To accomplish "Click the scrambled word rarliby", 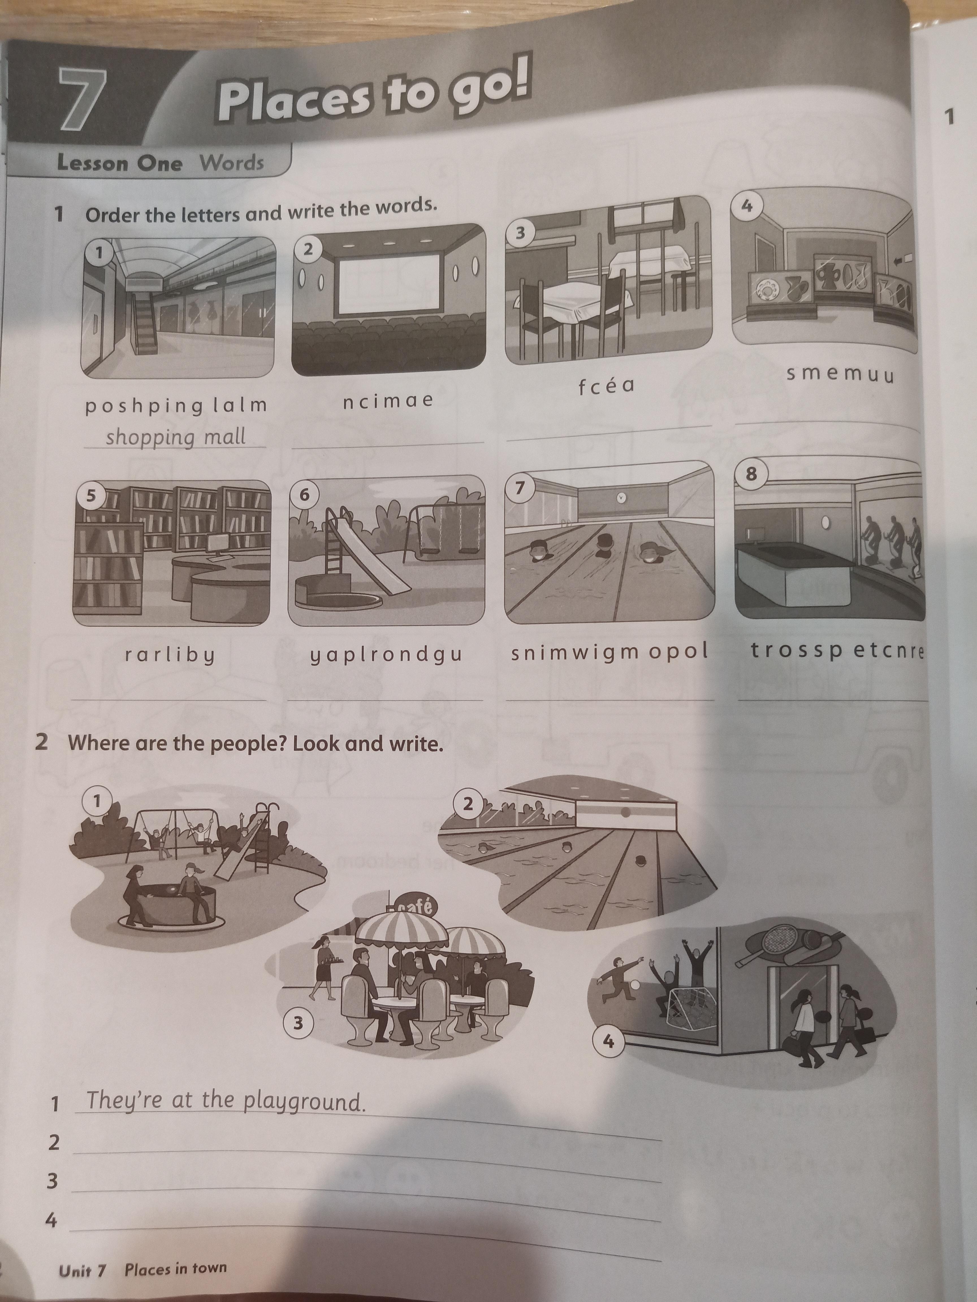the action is (x=170, y=654).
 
